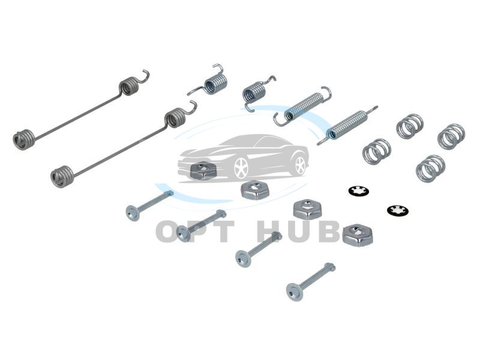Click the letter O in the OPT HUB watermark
[169, 231]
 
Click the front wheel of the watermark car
[241, 168]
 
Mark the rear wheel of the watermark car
[301, 165]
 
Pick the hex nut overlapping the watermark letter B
[357, 234]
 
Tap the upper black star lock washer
[358, 191]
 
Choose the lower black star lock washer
[398, 211]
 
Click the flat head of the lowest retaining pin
[295, 292]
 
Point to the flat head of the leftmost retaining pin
[133, 212]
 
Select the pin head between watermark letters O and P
[184, 233]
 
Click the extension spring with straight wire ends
[347, 125]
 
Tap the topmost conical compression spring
[410, 125]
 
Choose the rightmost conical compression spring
[451, 137]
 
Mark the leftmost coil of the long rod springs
[23, 140]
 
